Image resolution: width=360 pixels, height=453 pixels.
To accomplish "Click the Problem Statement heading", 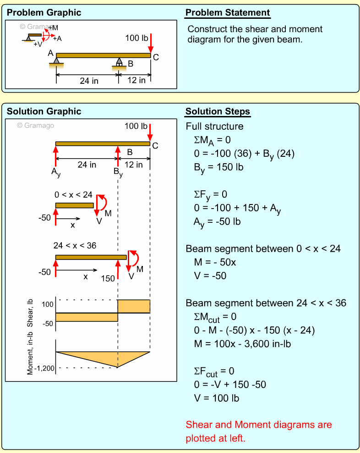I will coord(228,12).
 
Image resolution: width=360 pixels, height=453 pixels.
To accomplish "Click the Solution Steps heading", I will coord(218,111).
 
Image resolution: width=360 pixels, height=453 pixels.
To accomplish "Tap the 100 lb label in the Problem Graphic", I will coord(136,38).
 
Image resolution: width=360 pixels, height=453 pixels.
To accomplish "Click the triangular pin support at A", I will coord(56,61).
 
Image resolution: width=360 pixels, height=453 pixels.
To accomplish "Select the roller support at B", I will coord(119,63).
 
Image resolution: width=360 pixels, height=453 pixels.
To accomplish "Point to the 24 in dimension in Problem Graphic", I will coord(89,81).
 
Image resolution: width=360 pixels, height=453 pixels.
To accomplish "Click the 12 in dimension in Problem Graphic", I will coord(136,80).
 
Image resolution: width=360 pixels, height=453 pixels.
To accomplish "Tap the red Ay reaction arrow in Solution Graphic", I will coord(55,156).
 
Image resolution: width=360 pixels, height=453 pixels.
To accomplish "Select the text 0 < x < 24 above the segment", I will coord(73,195).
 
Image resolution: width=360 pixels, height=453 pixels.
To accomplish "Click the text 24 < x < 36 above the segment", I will coord(75,246).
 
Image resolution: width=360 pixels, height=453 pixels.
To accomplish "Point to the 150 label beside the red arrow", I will coord(108,278).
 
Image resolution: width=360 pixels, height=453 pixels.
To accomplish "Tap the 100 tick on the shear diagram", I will coord(48,304).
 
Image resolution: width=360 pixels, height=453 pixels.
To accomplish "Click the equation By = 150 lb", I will coord(218,167).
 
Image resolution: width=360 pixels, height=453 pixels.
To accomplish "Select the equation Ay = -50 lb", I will coord(218,222).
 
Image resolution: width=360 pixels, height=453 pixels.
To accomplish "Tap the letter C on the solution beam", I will coord(155,146).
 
